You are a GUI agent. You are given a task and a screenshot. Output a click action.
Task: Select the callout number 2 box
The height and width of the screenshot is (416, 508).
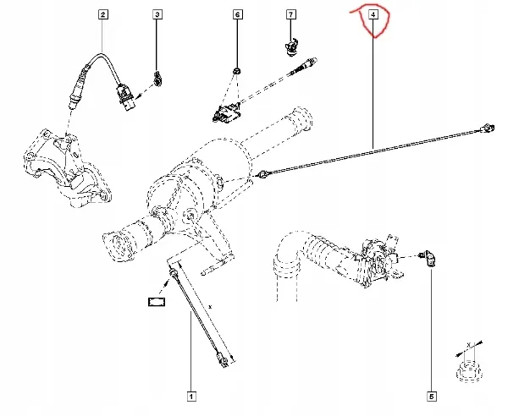[102, 15]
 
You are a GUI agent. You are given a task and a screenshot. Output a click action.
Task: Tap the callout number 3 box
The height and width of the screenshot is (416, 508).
[157, 15]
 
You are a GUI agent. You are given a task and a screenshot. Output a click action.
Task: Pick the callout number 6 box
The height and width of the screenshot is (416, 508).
[237, 15]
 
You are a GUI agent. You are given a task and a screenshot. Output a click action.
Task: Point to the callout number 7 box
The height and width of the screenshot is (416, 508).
[290, 15]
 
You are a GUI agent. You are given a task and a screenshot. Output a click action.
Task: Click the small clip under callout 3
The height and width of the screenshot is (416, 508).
[157, 79]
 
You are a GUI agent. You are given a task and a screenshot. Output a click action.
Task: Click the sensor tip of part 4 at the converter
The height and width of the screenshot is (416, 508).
[266, 174]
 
